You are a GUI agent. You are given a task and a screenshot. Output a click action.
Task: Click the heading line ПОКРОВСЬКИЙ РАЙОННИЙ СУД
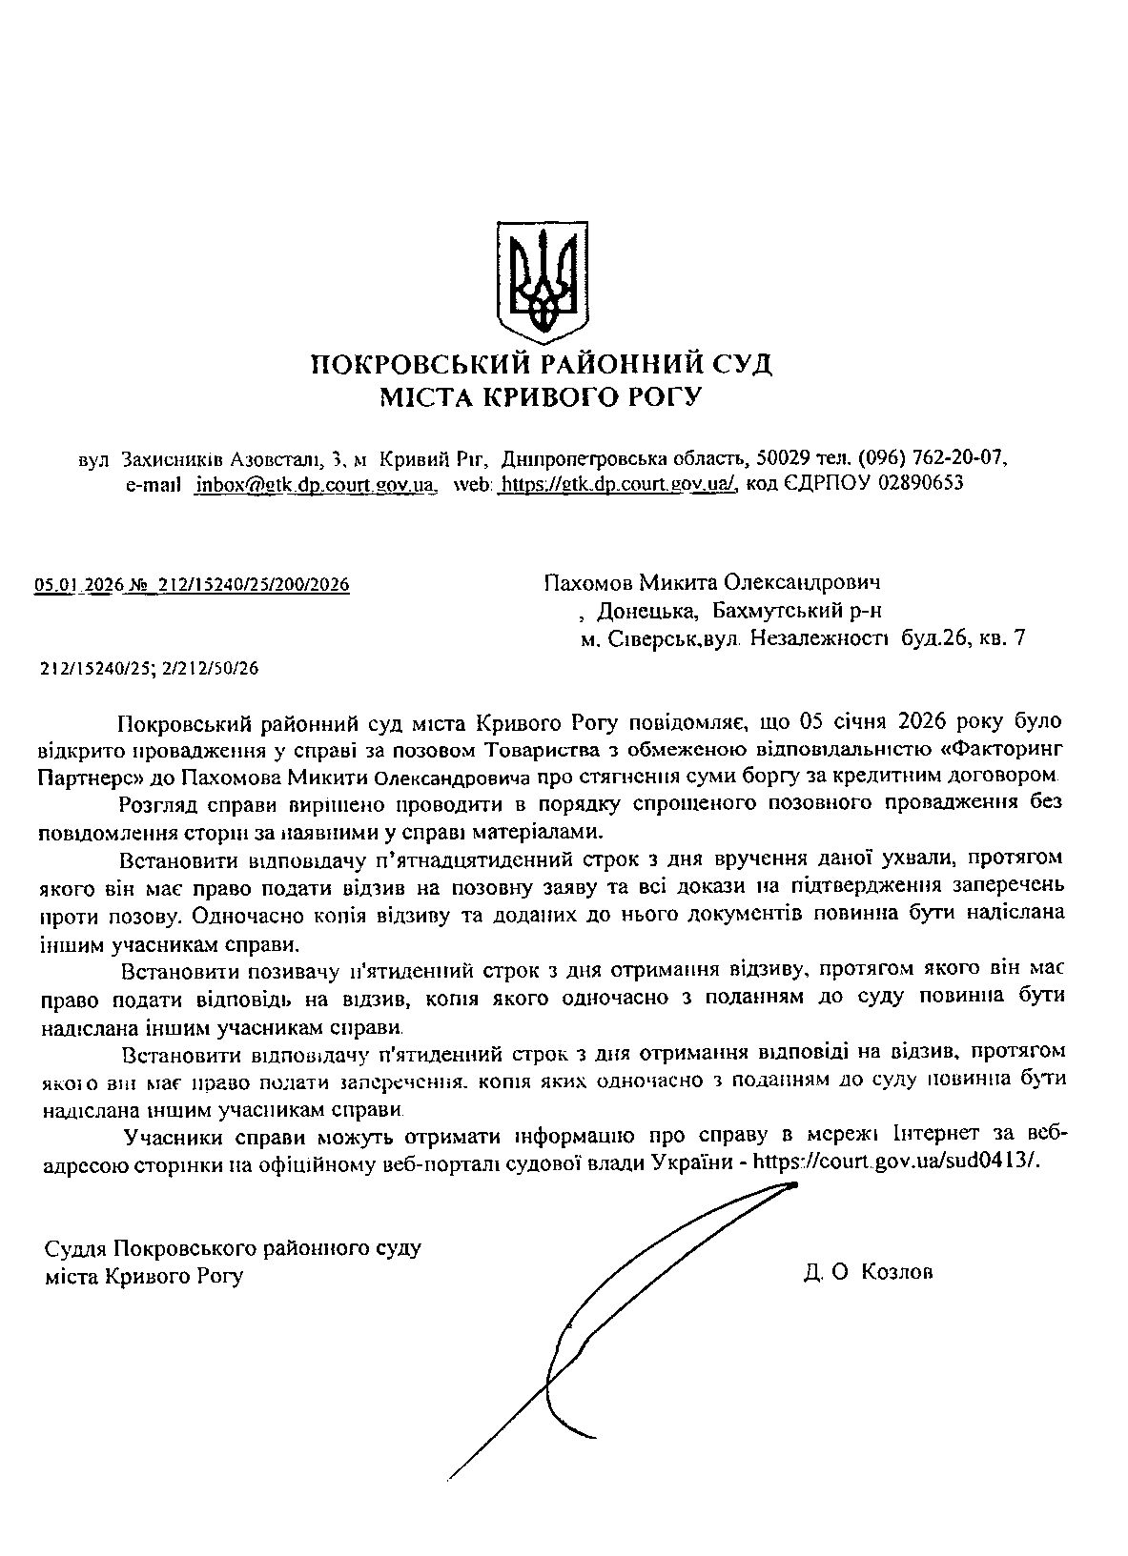(x=541, y=365)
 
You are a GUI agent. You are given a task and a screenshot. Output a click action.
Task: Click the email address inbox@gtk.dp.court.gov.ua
(x=315, y=484)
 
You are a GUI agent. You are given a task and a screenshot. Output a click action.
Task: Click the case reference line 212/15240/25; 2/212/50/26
(x=150, y=669)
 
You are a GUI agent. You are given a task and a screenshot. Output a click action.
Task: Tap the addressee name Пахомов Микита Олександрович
(x=711, y=581)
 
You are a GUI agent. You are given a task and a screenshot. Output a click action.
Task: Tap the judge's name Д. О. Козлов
(x=869, y=1273)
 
